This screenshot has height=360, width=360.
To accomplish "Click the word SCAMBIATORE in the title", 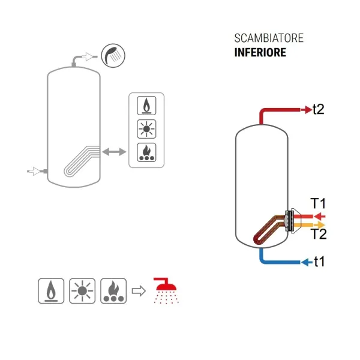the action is (269, 38).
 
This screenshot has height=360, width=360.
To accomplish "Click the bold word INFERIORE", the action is (260, 52).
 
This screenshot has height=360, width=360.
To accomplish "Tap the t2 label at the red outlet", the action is (319, 109).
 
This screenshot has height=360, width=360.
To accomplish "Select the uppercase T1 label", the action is (318, 203).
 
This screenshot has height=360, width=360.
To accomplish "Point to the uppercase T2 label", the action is (319, 234).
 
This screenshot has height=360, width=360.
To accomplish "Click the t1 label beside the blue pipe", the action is (319, 261).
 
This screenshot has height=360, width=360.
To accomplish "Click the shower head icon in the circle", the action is (113, 56).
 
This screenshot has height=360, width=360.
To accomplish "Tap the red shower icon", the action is (166, 291).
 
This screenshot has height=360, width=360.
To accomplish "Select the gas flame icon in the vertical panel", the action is (146, 106).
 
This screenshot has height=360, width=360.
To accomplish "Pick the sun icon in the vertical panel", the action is (146, 129).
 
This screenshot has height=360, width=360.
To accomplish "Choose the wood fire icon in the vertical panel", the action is (146, 152).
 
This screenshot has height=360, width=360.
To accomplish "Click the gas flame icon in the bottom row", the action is (51, 291).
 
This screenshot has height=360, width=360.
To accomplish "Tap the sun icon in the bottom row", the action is (82, 291).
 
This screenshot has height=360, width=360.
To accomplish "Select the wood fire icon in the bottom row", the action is (113, 291).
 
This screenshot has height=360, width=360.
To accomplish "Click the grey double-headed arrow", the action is (114, 152).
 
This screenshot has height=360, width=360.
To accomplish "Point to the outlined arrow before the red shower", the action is (139, 291).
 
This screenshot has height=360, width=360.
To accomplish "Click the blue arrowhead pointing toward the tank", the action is (305, 262).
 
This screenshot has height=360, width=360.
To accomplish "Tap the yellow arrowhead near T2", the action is (321, 225).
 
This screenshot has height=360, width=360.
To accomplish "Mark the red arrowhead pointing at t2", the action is (308, 110).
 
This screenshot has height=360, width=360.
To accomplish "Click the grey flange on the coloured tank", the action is (289, 221).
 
